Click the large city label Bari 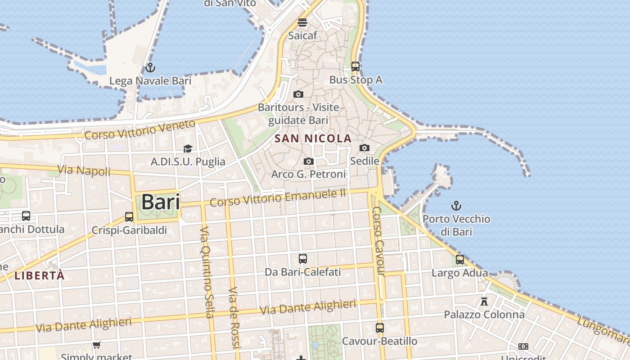click(x=161, y=202)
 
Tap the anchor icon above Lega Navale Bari click(x=150, y=68)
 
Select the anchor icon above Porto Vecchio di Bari click(x=456, y=206)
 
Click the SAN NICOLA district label click(x=313, y=139)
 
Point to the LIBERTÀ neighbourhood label click(x=40, y=275)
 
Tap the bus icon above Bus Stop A click(x=355, y=67)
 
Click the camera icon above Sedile click(x=364, y=148)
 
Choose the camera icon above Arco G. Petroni click(x=308, y=161)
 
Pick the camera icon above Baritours click(x=298, y=94)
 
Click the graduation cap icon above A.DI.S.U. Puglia click(x=188, y=148)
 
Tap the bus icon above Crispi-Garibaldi click(x=129, y=217)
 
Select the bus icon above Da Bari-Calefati click(x=303, y=259)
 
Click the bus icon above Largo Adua click(x=459, y=260)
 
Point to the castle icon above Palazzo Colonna click(x=484, y=301)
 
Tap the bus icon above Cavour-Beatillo click(x=380, y=328)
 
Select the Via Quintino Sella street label click(x=207, y=272)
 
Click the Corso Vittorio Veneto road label click(x=140, y=129)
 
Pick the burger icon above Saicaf click(x=302, y=22)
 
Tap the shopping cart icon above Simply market click(x=96, y=345)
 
